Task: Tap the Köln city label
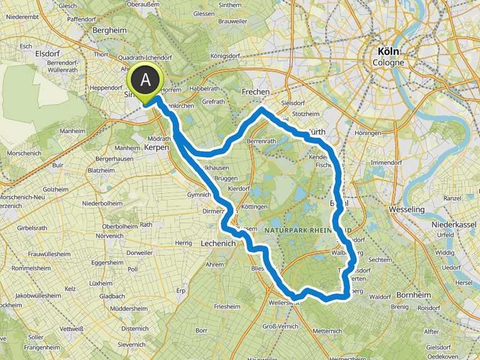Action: point(388,52)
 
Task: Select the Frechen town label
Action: point(256,92)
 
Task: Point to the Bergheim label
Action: point(109,29)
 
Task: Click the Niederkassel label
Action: point(457,224)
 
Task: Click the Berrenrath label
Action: point(261,142)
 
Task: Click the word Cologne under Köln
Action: point(388,62)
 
